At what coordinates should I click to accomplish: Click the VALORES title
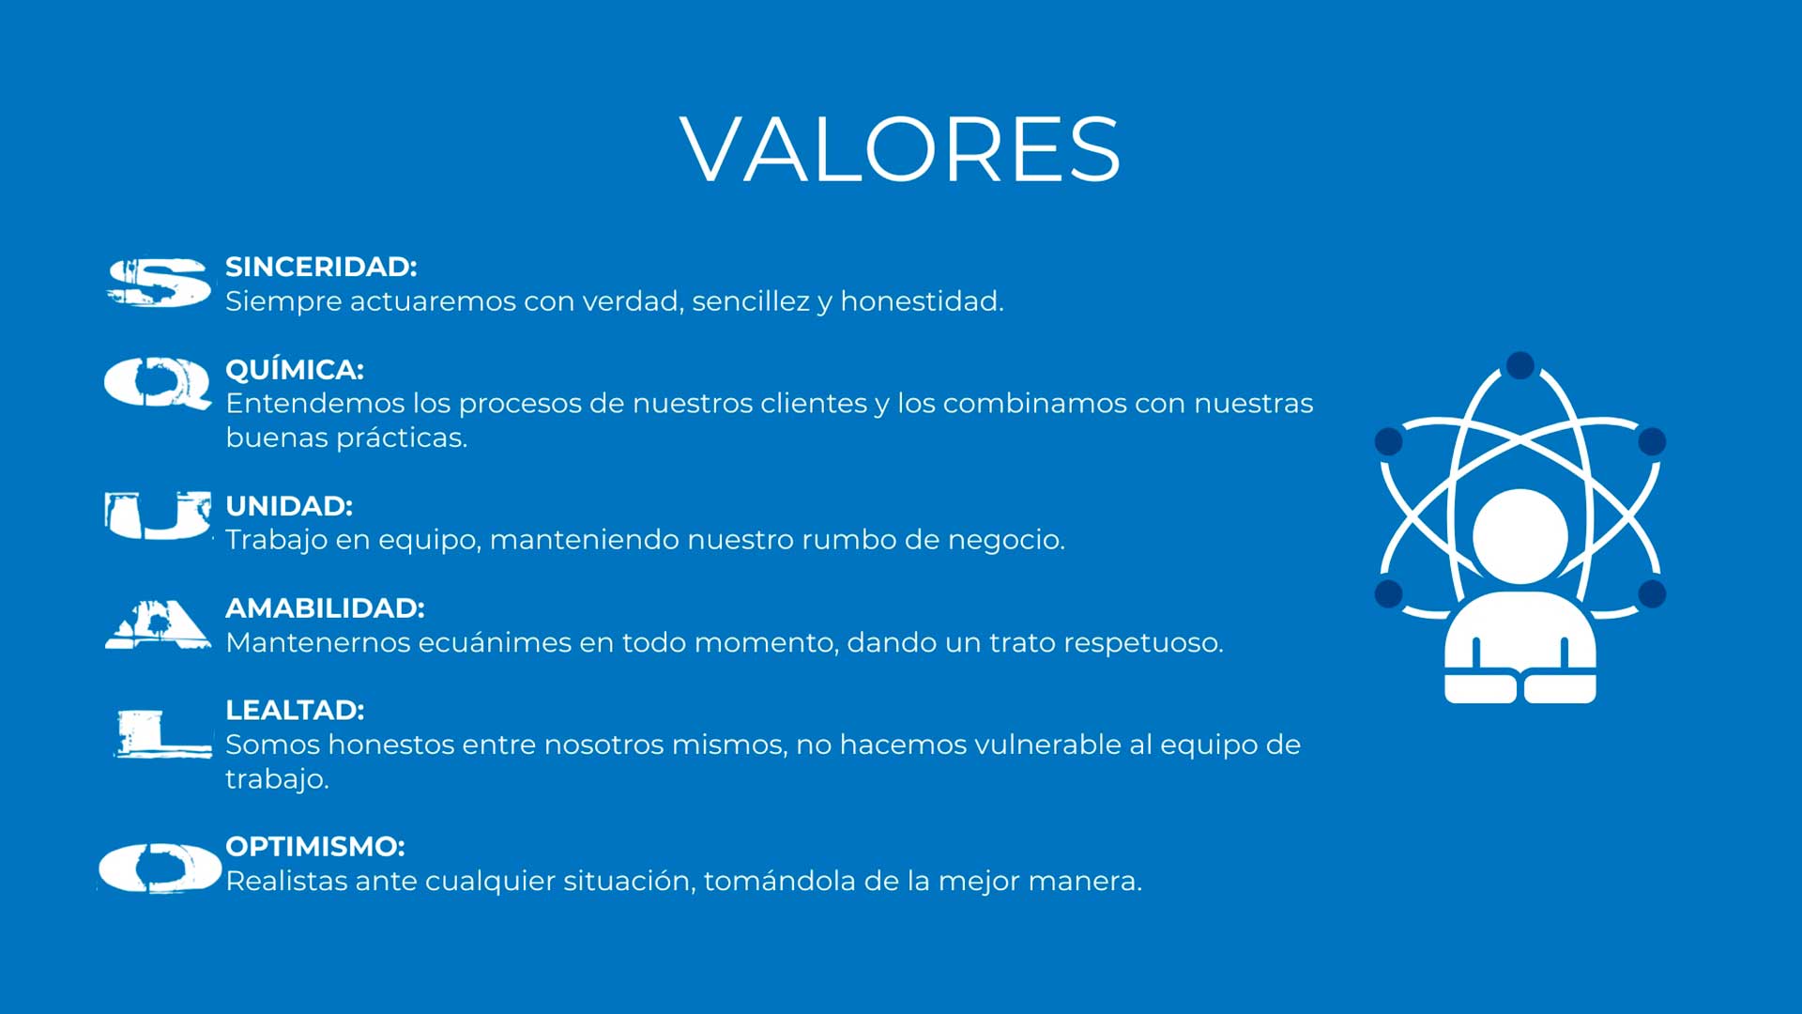pyautogui.click(x=900, y=149)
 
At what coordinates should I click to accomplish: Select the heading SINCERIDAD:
pyautogui.click(x=321, y=267)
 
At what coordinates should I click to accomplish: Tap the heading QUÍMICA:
pyautogui.click(x=295, y=369)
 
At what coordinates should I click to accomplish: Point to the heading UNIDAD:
pyautogui.click(x=289, y=506)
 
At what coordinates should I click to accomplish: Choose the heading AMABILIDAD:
pyautogui.click(x=325, y=608)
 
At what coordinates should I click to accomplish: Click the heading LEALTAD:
pyautogui.click(x=295, y=710)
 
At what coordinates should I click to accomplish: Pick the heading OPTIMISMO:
pyautogui.click(x=315, y=847)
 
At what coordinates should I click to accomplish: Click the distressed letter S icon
pyautogui.click(x=158, y=283)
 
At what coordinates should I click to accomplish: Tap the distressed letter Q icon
pyautogui.click(x=158, y=383)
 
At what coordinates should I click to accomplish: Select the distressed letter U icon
pyautogui.click(x=158, y=515)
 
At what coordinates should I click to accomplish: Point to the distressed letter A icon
pyautogui.click(x=158, y=624)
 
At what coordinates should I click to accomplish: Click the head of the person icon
pyautogui.click(x=1519, y=536)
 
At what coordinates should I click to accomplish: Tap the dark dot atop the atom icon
pyautogui.click(x=1519, y=365)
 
